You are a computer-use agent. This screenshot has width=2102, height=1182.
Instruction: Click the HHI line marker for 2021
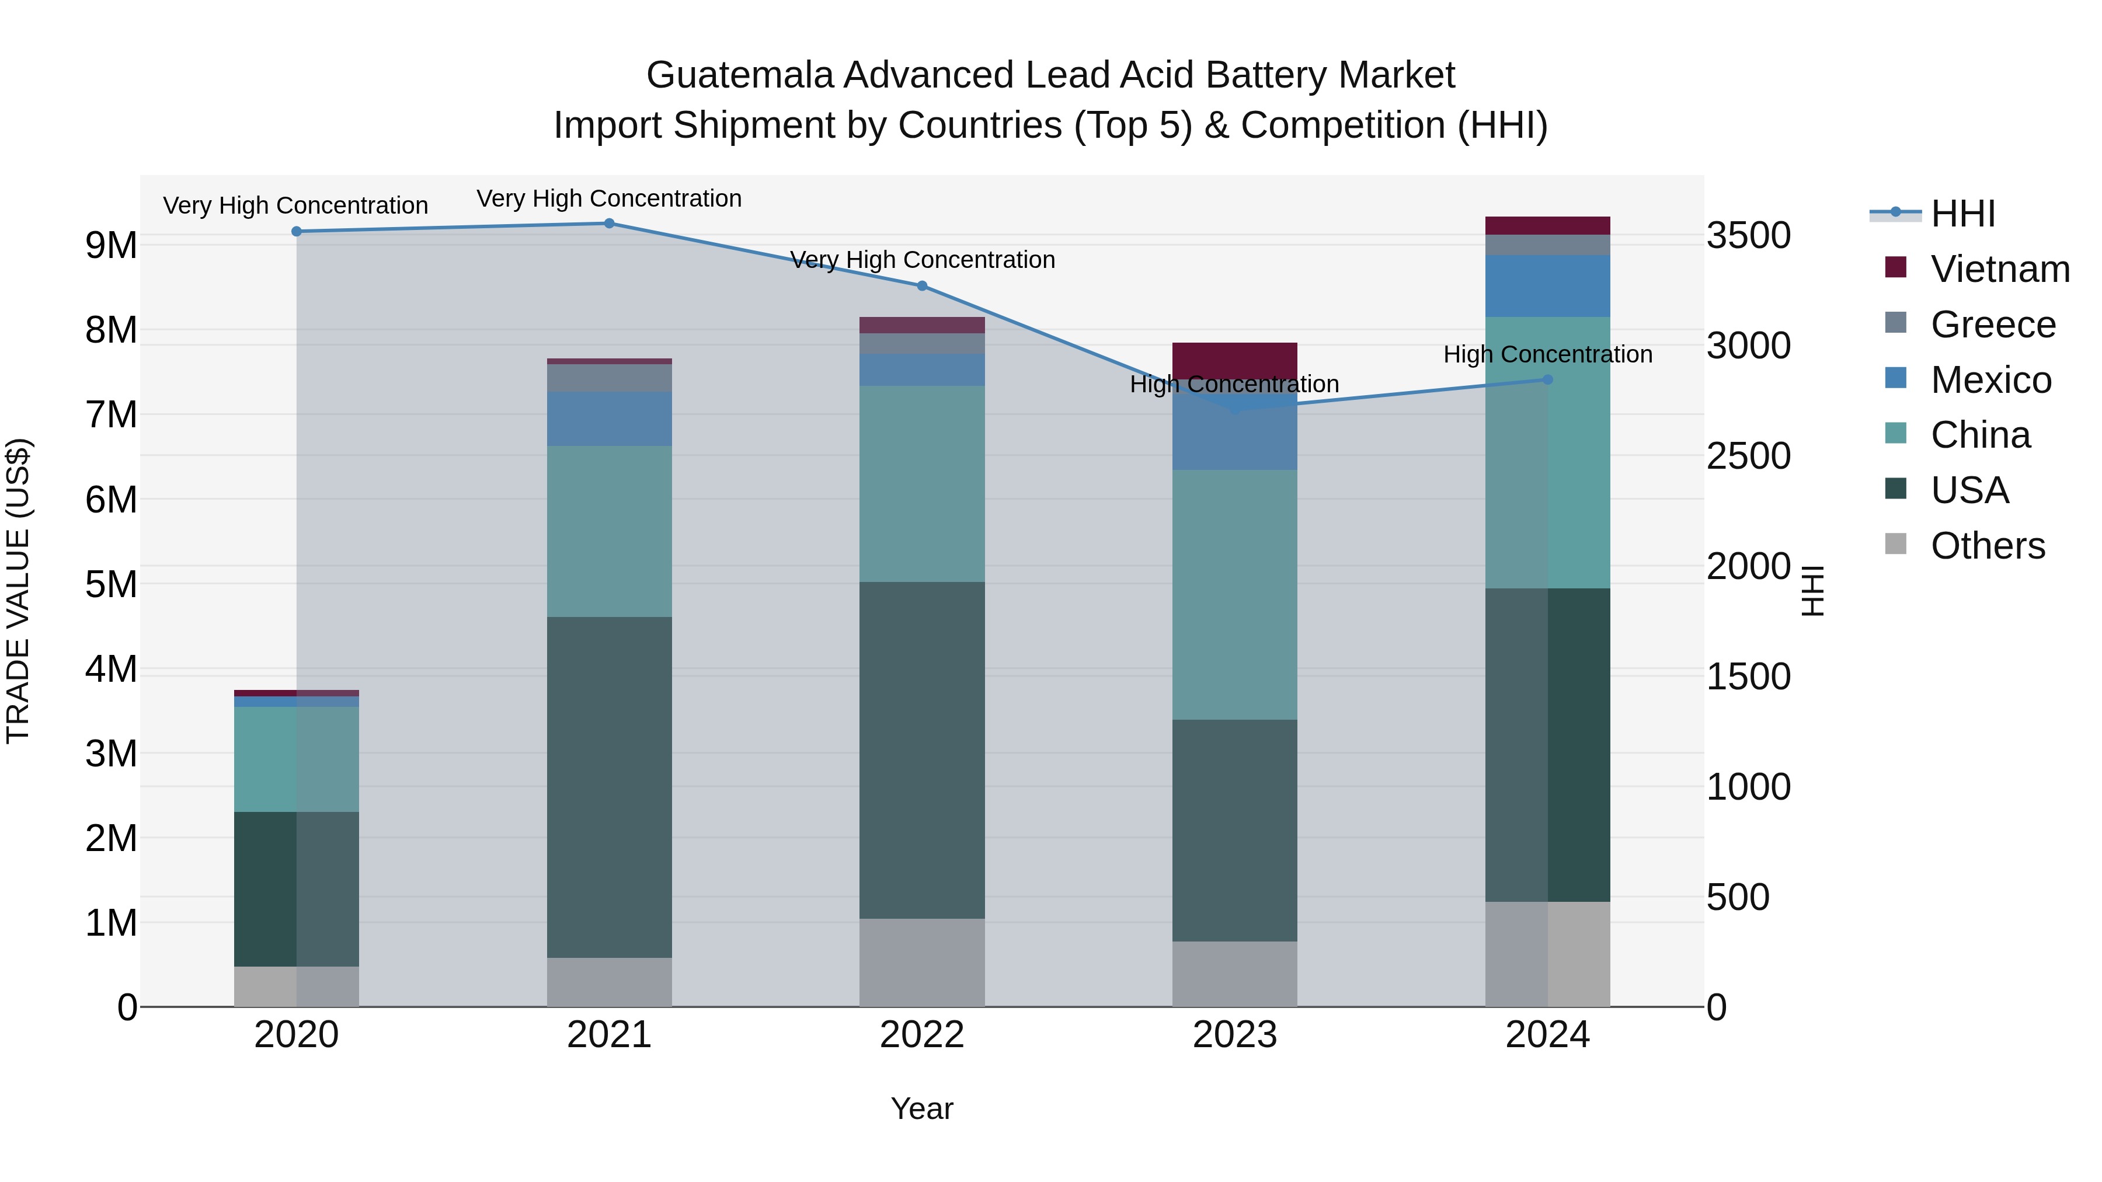tap(609, 224)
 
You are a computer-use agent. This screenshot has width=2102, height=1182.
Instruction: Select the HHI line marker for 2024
tap(1548, 379)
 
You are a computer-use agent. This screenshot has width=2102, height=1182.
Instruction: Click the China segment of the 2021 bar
tap(609, 531)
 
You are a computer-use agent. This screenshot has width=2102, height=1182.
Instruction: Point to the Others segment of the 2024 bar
tap(1548, 954)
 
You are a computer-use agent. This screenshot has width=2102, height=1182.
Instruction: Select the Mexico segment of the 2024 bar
tap(1548, 285)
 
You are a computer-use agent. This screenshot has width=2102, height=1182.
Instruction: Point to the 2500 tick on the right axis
tap(1749, 456)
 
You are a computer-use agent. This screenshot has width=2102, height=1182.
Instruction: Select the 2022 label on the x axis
tap(922, 1035)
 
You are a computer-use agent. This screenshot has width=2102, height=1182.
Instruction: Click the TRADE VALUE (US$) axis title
tap(18, 591)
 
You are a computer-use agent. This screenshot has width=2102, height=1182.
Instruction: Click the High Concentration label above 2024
tap(1548, 355)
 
